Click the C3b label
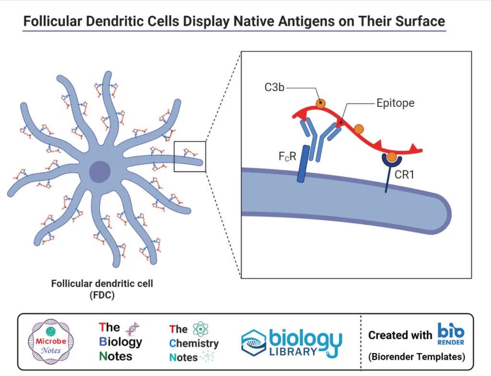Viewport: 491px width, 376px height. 287,88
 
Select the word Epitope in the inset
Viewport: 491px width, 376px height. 395,104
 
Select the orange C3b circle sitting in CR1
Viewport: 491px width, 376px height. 392,156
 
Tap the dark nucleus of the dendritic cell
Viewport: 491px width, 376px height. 100,171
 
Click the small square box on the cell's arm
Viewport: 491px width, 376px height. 190,156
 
